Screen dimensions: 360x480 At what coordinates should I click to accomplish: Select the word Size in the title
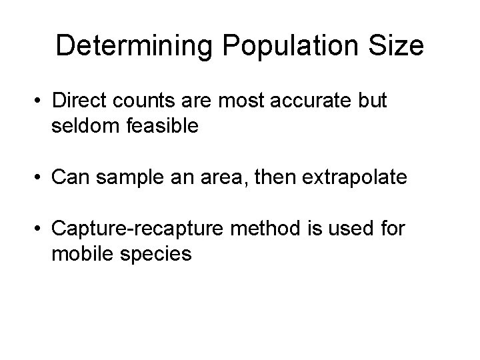[397, 46]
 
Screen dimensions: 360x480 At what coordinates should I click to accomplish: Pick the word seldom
[84, 127]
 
